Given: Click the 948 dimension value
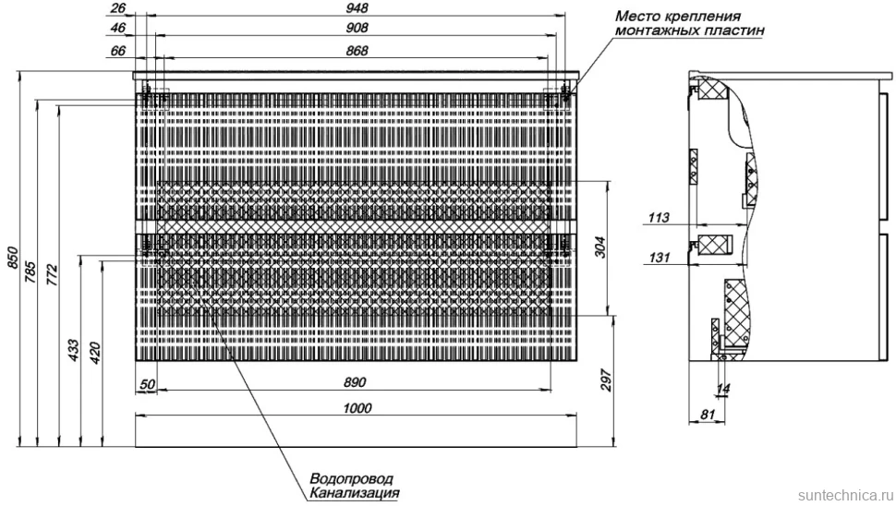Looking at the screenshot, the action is [x=357, y=8].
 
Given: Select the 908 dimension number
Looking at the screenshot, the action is [x=357, y=28].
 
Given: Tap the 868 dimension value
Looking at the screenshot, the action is [x=357, y=51].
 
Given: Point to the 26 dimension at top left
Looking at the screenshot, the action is [x=117, y=8].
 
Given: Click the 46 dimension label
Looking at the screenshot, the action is [x=117, y=28].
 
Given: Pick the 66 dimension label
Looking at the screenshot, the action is [x=117, y=51].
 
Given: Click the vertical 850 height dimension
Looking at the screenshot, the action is [x=13, y=259].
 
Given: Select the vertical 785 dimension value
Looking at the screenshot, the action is [x=30, y=272].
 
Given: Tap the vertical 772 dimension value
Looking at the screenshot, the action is [x=52, y=275].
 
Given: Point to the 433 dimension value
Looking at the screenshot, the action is [x=74, y=350].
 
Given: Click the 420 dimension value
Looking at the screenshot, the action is [x=95, y=353].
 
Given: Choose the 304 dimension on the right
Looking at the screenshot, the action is [x=600, y=247].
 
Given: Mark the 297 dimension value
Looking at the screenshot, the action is [x=606, y=380].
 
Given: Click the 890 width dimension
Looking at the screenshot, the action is [x=355, y=382].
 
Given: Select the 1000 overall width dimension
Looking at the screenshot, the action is [x=357, y=408].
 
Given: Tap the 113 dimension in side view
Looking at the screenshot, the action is [x=659, y=218].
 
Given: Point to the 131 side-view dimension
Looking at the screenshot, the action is [x=659, y=258].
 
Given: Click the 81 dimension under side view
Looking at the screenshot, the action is [x=708, y=415].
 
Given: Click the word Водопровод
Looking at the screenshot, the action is [x=351, y=478].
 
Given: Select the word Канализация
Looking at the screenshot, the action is [x=355, y=493].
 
